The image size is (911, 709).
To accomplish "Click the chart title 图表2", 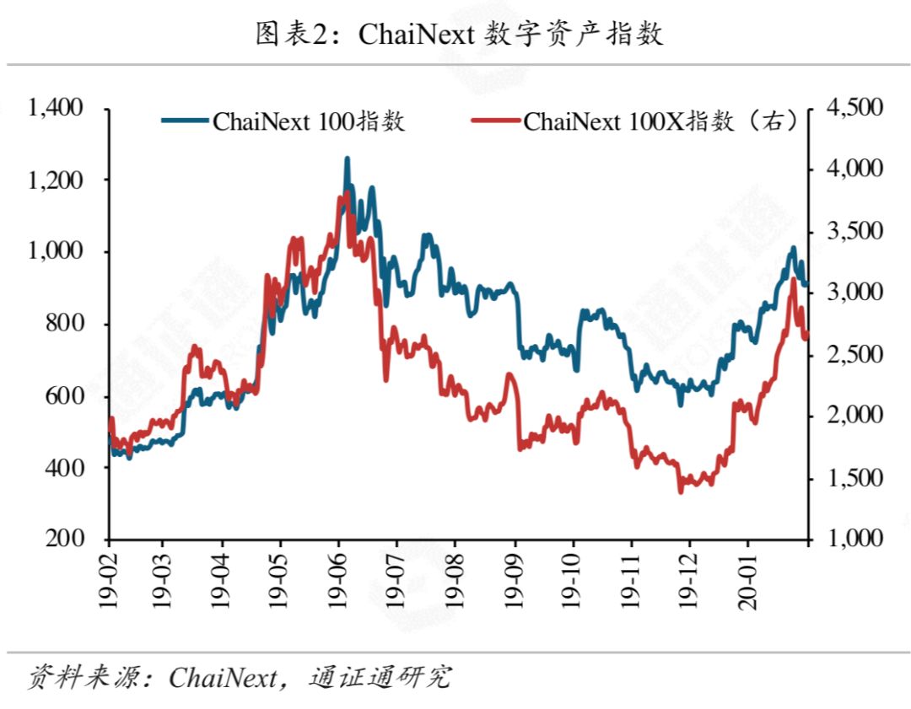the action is (459, 34).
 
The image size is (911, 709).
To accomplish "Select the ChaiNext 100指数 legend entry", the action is (283, 121).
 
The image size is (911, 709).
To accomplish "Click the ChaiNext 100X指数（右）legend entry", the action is (635, 121).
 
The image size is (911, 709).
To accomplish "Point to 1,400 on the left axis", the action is (56, 108).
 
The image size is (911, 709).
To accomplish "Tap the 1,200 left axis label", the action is (56, 180).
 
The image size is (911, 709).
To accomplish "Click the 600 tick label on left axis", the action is (64, 396).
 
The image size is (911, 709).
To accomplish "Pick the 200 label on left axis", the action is (64, 538).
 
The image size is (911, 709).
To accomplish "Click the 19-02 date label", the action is (108, 581).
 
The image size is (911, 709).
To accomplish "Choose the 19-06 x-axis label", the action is (337, 581).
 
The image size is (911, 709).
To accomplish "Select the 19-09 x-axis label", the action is (515, 581).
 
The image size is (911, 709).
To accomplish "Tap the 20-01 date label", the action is (747, 581).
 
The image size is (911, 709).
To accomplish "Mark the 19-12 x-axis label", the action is (689, 581).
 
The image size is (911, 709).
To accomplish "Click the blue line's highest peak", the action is (348, 158).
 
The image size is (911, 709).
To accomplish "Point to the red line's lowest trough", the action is (681, 491).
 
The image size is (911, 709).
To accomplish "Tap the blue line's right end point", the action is (807, 285).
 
